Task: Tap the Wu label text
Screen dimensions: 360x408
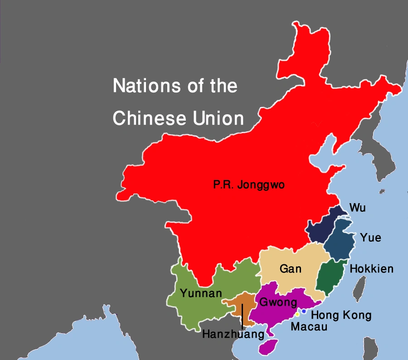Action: [x=357, y=208]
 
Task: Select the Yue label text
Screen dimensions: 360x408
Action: [x=370, y=238]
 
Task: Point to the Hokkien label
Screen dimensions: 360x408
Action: [x=371, y=269]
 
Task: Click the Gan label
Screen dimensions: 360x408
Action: [x=291, y=269]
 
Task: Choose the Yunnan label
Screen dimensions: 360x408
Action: [x=201, y=293]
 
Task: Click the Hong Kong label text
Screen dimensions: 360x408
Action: [x=341, y=316]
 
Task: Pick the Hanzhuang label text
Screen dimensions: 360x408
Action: [x=233, y=335]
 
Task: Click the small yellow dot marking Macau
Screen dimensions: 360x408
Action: [x=297, y=314]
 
